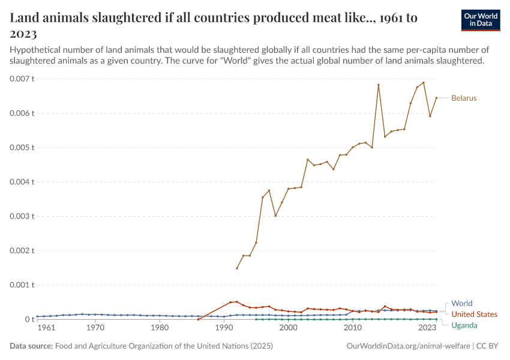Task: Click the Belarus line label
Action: [x=464, y=98]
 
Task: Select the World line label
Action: [x=461, y=304]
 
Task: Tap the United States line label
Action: [x=474, y=314]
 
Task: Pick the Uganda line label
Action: [x=464, y=325]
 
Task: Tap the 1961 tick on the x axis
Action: [x=46, y=329]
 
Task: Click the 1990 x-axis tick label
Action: [x=224, y=329]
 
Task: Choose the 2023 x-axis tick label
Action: [x=427, y=329]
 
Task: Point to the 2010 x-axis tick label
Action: [x=353, y=329]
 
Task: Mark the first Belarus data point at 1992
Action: [x=237, y=268]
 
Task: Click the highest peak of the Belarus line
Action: [x=424, y=83]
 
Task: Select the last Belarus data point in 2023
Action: [x=436, y=98]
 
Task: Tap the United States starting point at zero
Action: [x=198, y=319]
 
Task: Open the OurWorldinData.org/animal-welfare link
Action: [x=408, y=346]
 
